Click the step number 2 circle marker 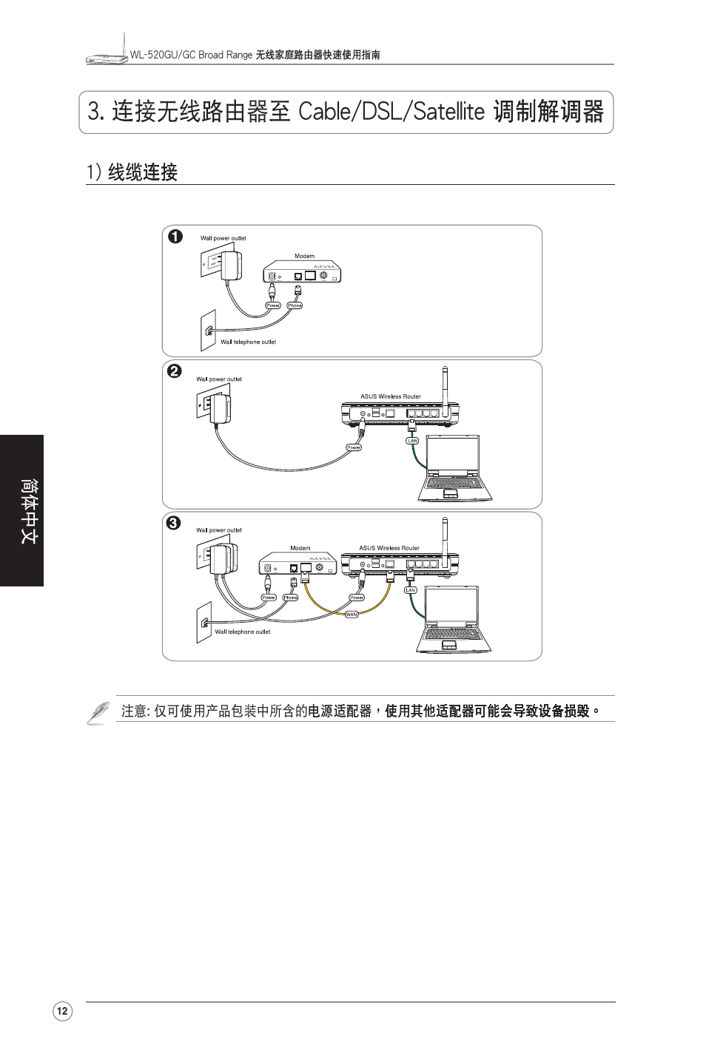click(x=174, y=371)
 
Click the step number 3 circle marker click(x=172, y=523)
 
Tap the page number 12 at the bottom click(x=62, y=1012)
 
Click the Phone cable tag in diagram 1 click(x=295, y=305)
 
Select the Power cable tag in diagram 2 click(x=354, y=447)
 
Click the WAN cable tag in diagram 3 click(x=352, y=615)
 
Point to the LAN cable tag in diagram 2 click(x=412, y=441)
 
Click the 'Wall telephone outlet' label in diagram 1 click(x=248, y=342)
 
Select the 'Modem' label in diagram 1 click(x=304, y=256)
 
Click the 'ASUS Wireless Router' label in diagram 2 click(x=390, y=396)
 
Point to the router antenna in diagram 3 click(x=445, y=540)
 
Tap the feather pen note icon click(x=98, y=712)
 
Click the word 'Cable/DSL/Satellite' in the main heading click(x=391, y=112)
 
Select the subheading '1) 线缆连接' click(x=132, y=172)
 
